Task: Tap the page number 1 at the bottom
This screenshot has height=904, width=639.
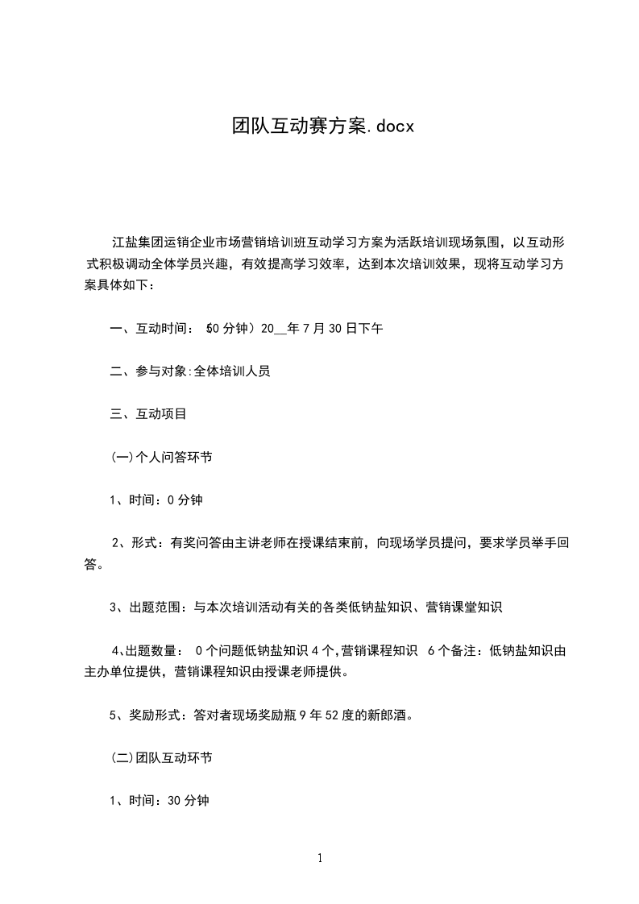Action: pos(320,858)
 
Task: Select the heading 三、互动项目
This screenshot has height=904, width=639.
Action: pos(148,414)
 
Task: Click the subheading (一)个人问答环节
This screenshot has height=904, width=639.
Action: pos(161,457)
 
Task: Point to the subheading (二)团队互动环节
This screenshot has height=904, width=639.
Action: pos(161,758)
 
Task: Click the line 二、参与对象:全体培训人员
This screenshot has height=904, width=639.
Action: pos(190,371)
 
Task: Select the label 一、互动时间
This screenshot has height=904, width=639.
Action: pos(148,329)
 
